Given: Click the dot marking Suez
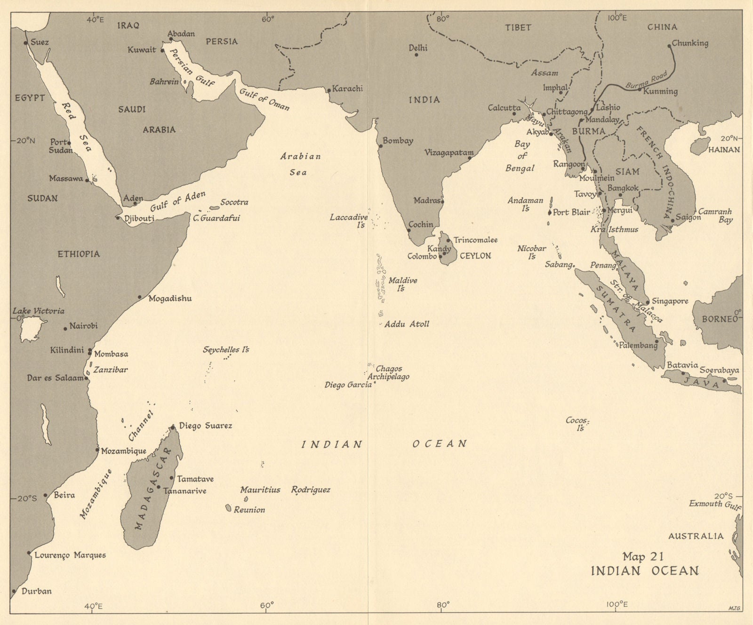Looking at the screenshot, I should pos(25,43).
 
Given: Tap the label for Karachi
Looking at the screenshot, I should pos(347,88).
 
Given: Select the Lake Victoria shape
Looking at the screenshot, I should pos(33,328).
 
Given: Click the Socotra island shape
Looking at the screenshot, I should pos(215,207).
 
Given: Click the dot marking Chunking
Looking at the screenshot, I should pos(669,46).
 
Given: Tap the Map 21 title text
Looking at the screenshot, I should pos(643,556).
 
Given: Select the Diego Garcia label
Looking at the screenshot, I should pos(348,385).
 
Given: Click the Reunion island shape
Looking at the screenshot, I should pos(228,508).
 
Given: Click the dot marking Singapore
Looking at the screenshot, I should pos(648,302).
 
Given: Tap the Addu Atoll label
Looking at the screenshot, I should pos(407,324).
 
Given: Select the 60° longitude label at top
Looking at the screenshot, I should pos(267,19).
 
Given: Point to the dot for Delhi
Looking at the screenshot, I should pos(417,55).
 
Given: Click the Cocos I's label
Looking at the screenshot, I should pos(577,423).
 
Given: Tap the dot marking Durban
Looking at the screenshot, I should pos(14,591).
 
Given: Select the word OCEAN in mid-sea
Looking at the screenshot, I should pos(440,443).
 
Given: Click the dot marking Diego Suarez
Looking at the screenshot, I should pos(173,427).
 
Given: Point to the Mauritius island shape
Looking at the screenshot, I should pos(245,499).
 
